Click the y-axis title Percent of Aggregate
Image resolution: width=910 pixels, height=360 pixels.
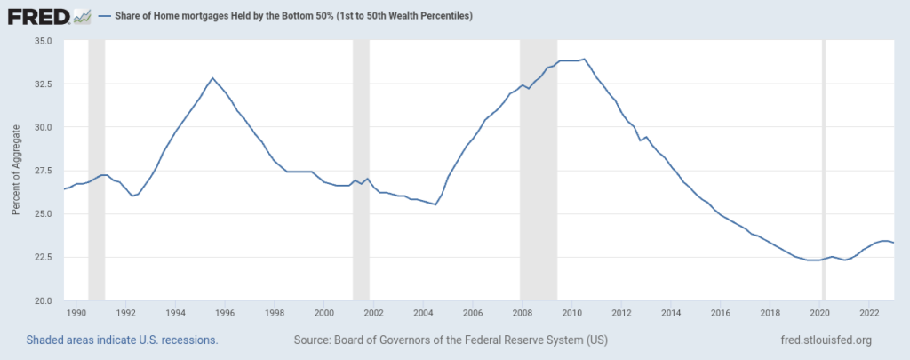[16, 171]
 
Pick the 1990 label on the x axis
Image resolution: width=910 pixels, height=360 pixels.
[76, 313]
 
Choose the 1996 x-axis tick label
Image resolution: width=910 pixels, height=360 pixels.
[225, 313]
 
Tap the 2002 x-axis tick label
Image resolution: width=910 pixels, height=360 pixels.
[373, 313]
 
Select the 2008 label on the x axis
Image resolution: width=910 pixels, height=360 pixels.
[522, 313]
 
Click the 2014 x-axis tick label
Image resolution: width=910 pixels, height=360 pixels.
[671, 313]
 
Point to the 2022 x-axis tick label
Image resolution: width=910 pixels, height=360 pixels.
[869, 313]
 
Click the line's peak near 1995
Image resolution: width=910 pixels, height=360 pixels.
[212, 78]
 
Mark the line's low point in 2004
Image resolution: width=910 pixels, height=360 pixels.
[435, 204]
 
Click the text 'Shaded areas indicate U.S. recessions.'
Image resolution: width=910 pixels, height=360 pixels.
[123, 340]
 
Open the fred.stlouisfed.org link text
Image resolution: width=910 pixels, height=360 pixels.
[824, 340]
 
